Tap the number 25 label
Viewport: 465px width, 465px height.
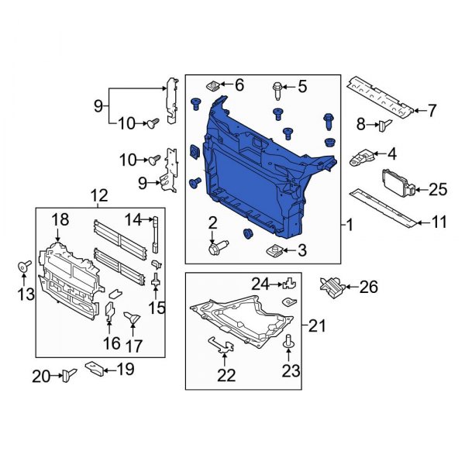click(x=438, y=188)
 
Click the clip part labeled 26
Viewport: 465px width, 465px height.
click(x=331, y=287)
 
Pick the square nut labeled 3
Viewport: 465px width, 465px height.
click(x=274, y=250)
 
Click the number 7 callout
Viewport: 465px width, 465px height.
click(x=432, y=111)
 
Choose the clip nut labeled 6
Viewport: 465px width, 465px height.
click(x=213, y=84)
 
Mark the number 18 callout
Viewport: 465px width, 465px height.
click(x=60, y=221)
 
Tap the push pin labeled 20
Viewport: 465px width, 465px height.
click(x=68, y=377)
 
